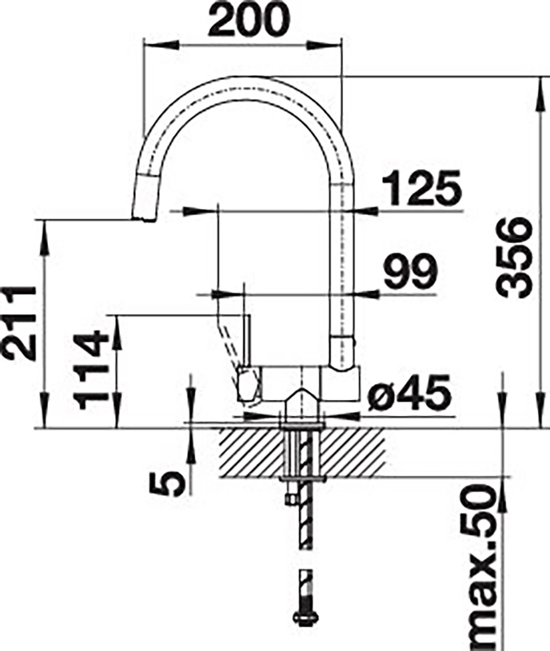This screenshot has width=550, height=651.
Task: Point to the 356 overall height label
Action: pyautogui.click(x=515, y=259)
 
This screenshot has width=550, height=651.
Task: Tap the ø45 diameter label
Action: pyautogui.click(x=409, y=392)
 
